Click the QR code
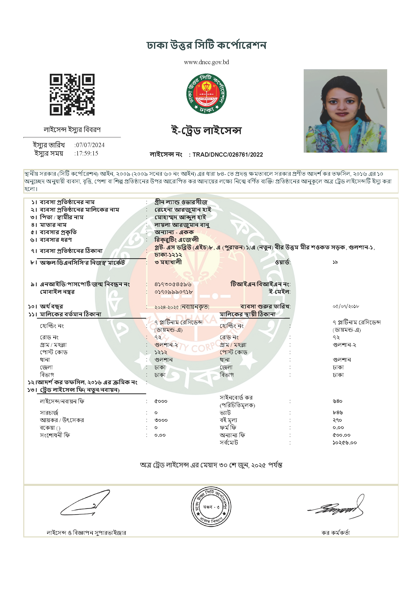72,94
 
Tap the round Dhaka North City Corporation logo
206,94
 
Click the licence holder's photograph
345,111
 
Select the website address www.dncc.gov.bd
206,62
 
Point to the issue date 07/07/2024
90,145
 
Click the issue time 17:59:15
87,153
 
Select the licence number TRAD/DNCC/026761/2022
228,155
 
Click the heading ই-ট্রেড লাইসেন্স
206,130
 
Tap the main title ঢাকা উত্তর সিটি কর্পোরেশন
206,45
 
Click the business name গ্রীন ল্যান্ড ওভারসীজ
181,202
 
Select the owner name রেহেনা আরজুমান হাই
183,210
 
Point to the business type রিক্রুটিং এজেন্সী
177,240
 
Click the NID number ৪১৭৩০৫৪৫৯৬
173,285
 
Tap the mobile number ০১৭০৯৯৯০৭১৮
173,292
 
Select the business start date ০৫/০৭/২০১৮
346,306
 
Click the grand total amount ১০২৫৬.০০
345,443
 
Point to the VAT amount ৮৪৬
338,413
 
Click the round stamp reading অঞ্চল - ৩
211,507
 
